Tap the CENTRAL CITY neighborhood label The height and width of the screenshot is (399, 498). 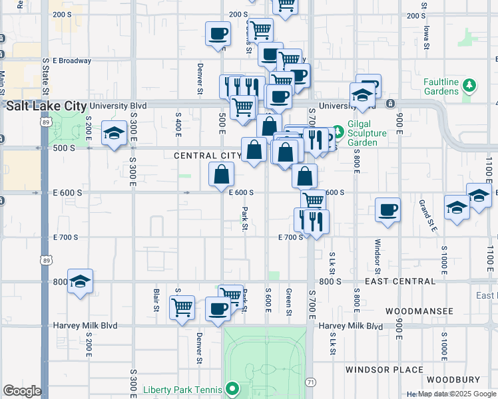pyautogui.click(x=207, y=156)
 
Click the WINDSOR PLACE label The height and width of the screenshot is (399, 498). pyautogui.click(x=384, y=370)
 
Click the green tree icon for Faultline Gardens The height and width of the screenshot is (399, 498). pyautogui.click(x=470, y=85)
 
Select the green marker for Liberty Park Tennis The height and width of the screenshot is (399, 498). pyautogui.click(x=232, y=388)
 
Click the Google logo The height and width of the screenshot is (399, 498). pyautogui.click(x=22, y=391)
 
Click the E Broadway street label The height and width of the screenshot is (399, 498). pyautogui.click(x=71, y=61)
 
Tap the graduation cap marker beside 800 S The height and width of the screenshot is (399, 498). pyautogui.click(x=80, y=280)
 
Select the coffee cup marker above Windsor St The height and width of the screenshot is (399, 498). pyautogui.click(x=387, y=209)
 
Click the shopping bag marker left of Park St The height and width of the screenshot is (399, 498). pyautogui.click(x=221, y=175)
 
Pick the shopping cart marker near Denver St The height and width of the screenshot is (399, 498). pyautogui.click(x=182, y=307)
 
